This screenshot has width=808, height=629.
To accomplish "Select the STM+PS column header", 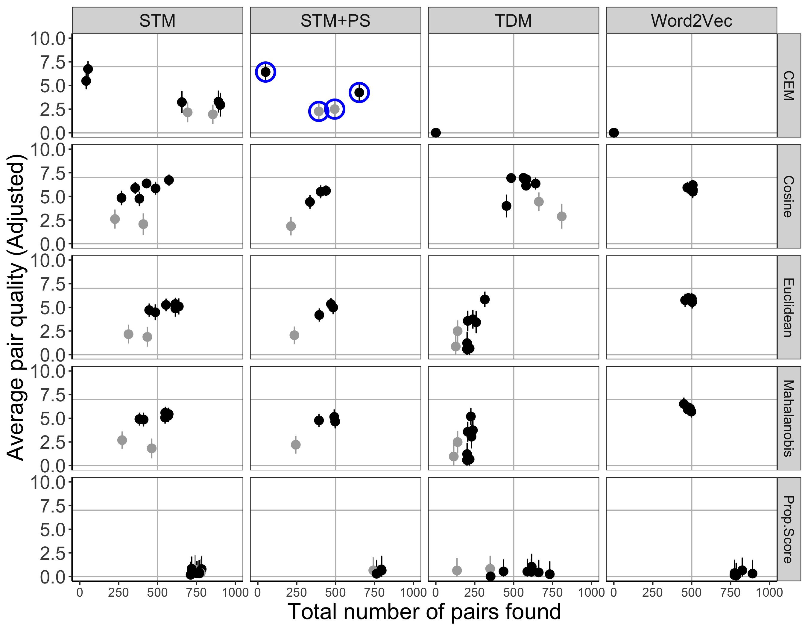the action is pos(335,21).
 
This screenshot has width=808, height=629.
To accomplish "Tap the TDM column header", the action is pos(513,21).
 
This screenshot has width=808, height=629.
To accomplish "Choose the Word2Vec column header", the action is pos(692,21).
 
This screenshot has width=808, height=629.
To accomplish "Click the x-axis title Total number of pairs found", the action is pos(424,611).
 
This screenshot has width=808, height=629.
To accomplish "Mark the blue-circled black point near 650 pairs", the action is pos(359,92).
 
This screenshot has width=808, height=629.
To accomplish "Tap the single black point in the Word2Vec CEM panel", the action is pos(614,132).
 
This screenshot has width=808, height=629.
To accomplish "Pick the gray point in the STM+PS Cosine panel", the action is pos(291,226).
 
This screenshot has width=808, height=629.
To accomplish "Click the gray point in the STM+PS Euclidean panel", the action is pos(294,335).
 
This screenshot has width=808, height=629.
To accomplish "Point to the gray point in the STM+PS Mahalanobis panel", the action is pos(296,444).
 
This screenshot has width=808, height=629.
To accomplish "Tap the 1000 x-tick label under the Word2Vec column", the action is pos(769,592).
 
